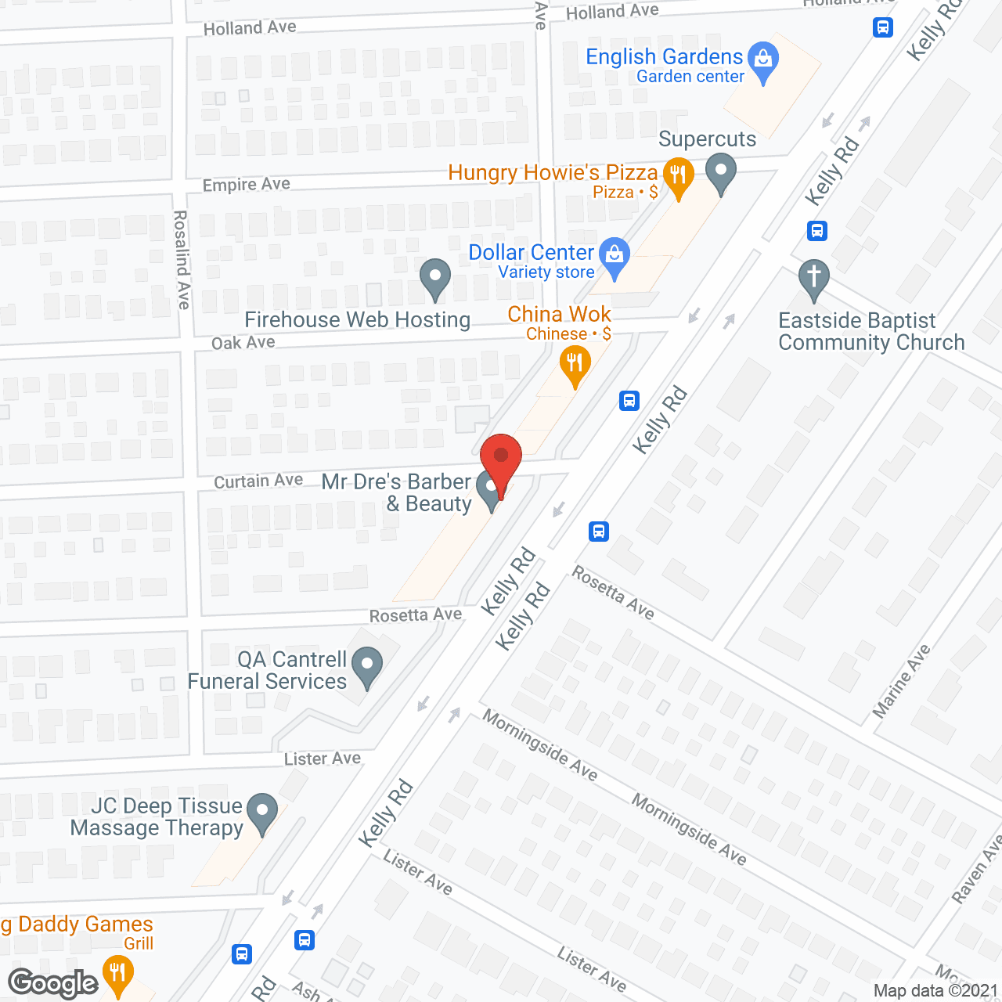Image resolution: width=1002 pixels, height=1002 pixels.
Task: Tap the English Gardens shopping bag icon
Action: (x=763, y=59)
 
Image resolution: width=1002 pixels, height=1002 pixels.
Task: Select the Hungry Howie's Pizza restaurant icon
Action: (x=678, y=176)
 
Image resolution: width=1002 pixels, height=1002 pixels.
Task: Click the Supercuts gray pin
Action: (x=721, y=172)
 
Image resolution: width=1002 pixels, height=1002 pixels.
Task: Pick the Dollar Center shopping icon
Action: (x=615, y=256)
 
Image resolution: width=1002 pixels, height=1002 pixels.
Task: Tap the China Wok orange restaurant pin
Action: (x=575, y=365)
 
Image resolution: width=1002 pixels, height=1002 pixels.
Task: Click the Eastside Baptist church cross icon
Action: (x=814, y=278)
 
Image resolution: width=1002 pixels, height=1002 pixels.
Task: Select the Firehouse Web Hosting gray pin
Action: (x=435, y=277)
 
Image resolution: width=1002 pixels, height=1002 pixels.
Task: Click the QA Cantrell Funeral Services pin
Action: (x=367, y=666)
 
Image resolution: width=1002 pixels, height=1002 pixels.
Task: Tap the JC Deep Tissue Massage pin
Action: (x=262, y=812)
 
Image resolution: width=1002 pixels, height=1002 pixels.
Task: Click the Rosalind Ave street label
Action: (x=182, y=259)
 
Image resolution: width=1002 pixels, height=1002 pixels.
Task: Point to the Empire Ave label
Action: (x=247, y=185)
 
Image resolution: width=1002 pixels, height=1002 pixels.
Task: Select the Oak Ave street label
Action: (x=243, y=343)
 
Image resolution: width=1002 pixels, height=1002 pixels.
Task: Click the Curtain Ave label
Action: (x=258, y=481)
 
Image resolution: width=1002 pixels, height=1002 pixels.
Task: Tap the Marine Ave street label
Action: (x=902, y=681)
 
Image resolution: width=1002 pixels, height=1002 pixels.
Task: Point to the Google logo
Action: (x=52, y=983)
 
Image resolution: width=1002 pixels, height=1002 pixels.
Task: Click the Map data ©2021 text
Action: (x=935, y=990)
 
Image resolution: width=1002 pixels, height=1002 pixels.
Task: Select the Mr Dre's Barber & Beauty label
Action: (x=397, y=492)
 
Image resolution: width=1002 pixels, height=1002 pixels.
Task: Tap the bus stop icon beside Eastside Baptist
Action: (x=817, y=231)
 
